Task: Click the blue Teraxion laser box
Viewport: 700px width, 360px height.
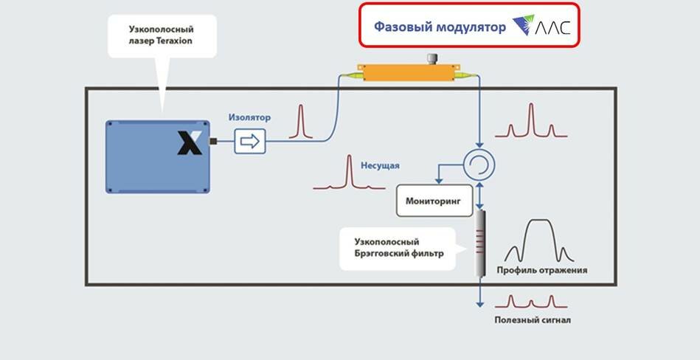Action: pos(157,156)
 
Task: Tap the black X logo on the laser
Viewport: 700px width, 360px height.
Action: pos(189,142)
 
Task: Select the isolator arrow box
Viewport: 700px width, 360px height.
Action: pos(250,141)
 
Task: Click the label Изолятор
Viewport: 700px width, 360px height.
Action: pos(249,117)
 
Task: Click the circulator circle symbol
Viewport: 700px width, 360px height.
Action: pos(479,164)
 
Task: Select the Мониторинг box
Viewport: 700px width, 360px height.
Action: pos(433,201)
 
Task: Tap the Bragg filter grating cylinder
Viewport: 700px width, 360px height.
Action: pos(480,243)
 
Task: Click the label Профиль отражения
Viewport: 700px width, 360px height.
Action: pos(541,270)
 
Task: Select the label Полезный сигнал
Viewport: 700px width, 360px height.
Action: pos(532,320)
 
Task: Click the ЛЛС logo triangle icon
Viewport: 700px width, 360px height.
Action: pos(527,27)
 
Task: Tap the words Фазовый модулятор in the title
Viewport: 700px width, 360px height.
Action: pos(440,27)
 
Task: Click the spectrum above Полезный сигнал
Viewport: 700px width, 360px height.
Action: pos(531,302)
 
